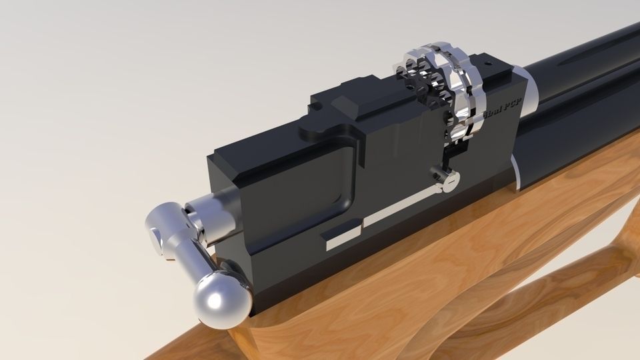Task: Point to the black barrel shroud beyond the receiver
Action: [x=580, y=93]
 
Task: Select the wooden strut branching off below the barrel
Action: [x=567, y=280]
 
